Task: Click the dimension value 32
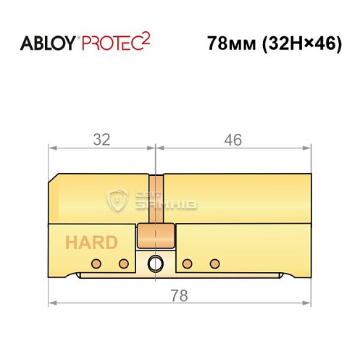pyautogui.click(x=101, y=140)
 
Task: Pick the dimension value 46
pyautogui.click(x=233, y=140)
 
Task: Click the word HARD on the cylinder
pyautogui.click(x=91, y=243)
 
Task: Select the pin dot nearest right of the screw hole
pyautogui.click(x=187, y=262)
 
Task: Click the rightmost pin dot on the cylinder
pyautogui.click(x=214, y=262)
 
